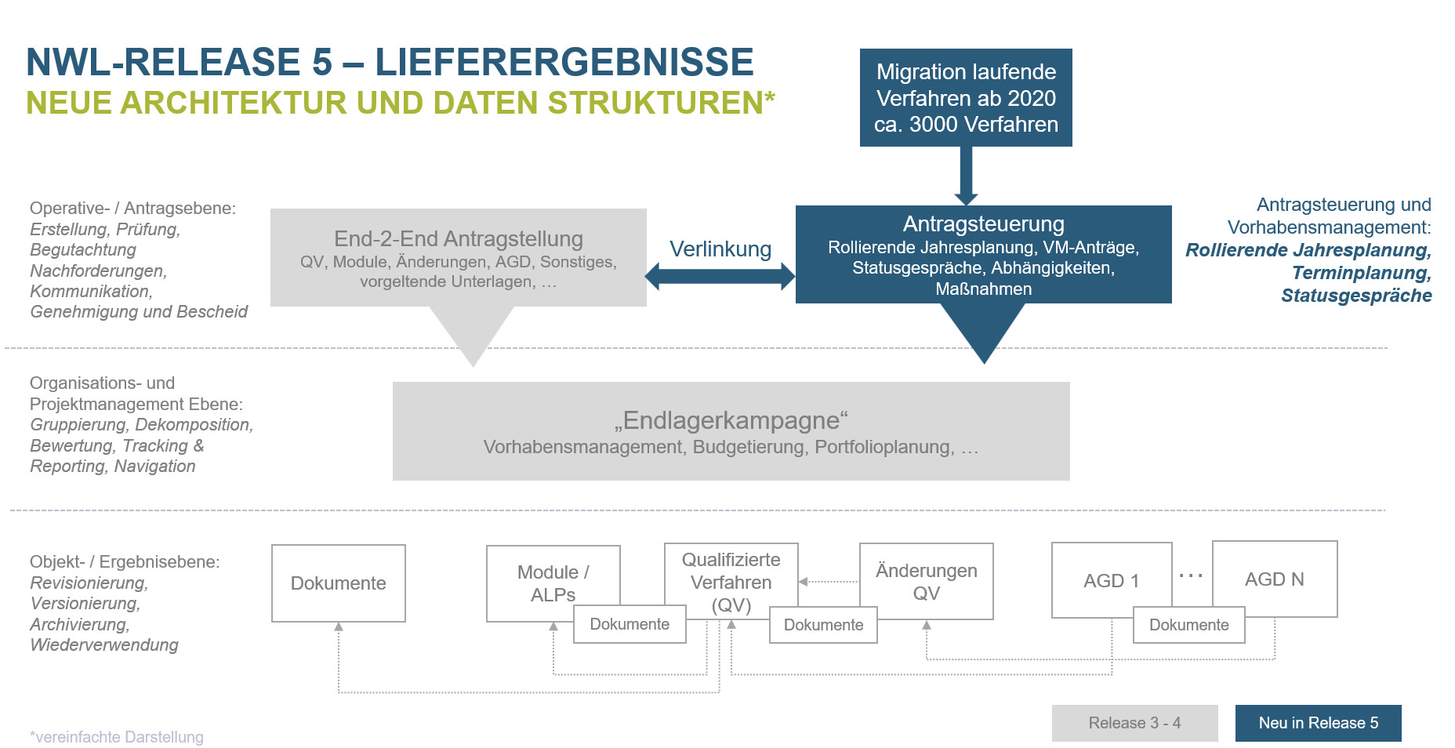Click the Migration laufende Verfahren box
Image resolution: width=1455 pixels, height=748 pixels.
coord(966,97)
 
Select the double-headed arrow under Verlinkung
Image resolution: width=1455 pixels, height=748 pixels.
coord(720,276)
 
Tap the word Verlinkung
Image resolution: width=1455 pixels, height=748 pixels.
coord(720,249)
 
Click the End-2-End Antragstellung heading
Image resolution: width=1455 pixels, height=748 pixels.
coord(459,238)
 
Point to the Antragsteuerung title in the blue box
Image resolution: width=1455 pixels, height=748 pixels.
coord(983,224)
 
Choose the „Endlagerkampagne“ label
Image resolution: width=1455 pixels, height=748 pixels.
coord(731,420)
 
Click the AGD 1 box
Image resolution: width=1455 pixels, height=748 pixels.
coord(1111,580)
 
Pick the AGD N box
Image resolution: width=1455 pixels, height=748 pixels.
coord(1274,579)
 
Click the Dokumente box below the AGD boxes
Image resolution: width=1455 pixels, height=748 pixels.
coord(1188,625)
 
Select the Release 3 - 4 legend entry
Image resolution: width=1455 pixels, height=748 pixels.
coord(1134,723)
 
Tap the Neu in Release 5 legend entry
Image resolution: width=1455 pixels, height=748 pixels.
coord(1318,723)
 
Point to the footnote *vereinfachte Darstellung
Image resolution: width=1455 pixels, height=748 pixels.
coord(117,737)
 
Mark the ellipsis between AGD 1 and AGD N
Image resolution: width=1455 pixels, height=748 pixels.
coord(1191,576)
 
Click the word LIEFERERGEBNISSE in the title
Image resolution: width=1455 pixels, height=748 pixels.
coord(564,62)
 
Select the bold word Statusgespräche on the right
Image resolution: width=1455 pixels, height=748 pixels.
coord(1356,296)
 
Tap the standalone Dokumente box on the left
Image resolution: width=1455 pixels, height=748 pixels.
coord(338,583)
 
